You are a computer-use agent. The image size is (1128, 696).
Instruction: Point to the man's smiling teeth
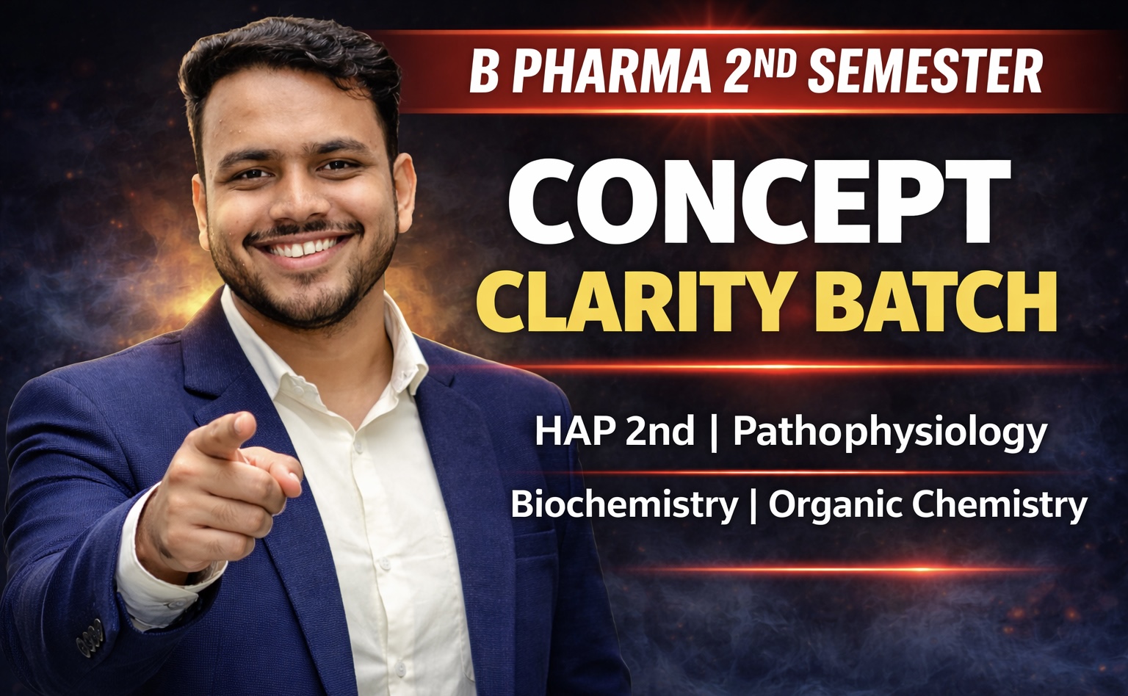click(x=301, y=248)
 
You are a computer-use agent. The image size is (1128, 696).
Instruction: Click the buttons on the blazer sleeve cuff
click(x=89, y=632)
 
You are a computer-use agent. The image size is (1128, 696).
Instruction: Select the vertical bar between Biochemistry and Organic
click(x=751, y=505)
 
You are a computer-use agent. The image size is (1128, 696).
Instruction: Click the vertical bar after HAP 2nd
click(x=714, y=432)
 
